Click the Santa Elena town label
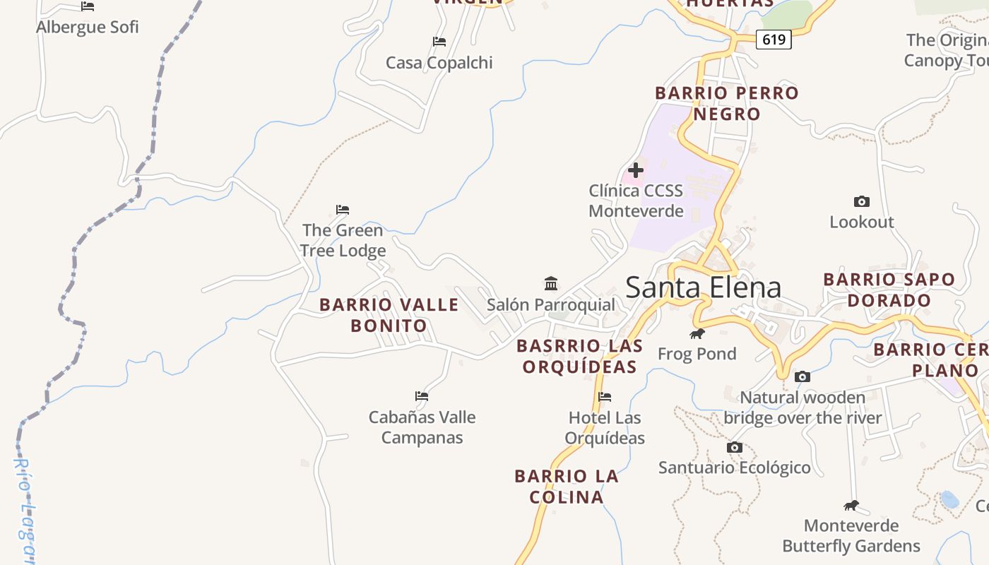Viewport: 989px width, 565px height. click(703, 287)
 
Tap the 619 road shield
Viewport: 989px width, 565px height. click(774, 40)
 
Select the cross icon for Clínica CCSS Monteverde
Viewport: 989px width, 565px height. click(636, 170)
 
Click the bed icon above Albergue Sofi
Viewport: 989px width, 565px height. click(88, 6)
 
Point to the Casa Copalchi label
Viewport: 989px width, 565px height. click(439, 63)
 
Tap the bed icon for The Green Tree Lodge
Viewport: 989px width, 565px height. click(343, 210)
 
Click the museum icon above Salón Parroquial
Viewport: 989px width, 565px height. click(551, 284)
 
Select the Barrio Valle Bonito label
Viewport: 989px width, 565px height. click(389, 315)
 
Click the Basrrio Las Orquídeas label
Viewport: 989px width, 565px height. click(580, 356)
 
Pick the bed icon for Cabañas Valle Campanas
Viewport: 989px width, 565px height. click(422, 396)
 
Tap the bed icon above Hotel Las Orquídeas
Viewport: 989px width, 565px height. click(605, 397)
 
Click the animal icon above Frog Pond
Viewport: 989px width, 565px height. click(697, 333)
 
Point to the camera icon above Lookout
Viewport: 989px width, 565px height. click(861, 201)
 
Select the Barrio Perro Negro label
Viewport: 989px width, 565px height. click(726, 103)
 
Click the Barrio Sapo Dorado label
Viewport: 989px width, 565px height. click(889, 290)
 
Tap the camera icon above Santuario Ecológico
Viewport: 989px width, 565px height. click(735, 447)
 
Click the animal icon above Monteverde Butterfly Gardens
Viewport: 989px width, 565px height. click(851, 505)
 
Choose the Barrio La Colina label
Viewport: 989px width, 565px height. click(567, 486)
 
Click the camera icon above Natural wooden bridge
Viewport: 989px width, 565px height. click(802, 377)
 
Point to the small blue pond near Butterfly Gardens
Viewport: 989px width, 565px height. click(949, 500)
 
